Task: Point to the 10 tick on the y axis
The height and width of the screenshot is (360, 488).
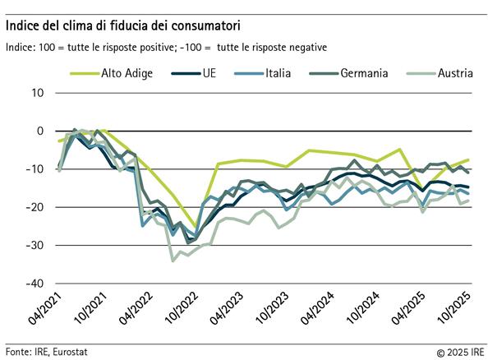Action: coord(37,92)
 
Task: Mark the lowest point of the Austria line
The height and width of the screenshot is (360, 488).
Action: coord(173,261)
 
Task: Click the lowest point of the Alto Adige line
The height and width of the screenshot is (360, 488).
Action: coord(196,228)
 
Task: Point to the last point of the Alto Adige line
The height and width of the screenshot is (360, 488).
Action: coord(468,159)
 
